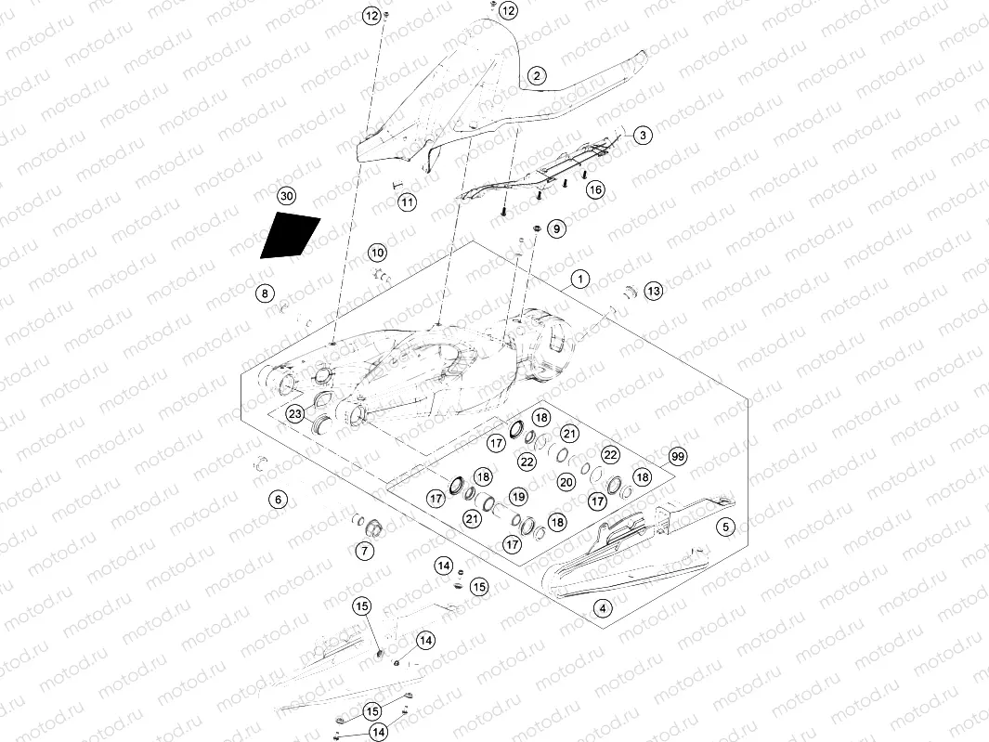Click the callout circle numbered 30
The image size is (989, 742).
click(286, 197)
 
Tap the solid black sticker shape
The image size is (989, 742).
click(290, 236)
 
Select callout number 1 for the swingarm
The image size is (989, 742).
click(579, 279)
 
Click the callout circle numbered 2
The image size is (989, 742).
click(537, 75)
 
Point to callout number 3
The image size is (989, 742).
click(643, 135)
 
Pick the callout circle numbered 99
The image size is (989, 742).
click(677, 457)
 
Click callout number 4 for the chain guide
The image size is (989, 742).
click(604, 609)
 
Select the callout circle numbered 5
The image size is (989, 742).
click(727, 527)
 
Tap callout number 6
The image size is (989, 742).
click(277, 500)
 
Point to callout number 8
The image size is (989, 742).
click(265, 294)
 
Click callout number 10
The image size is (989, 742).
click(377, 252)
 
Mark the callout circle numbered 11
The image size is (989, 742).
click(407, 202)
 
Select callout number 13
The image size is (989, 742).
click(654, 292)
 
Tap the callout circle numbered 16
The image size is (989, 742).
click(595, 189)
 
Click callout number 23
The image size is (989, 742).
click(294, 413)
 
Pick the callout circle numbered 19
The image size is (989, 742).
click(517, 497)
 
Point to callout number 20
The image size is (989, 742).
click(566, 482)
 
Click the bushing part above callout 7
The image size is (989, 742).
click(375, 527)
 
